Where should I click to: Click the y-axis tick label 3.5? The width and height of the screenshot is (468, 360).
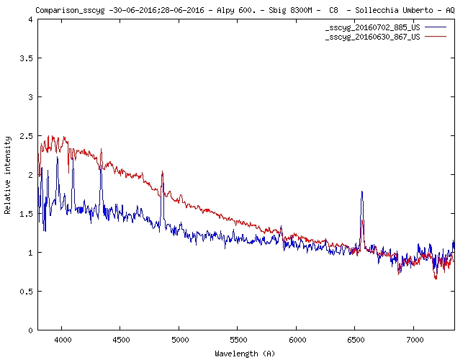(26, 58)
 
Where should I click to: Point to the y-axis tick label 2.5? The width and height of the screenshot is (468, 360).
(26, 136)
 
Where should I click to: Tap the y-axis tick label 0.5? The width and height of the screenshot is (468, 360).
(26, 292)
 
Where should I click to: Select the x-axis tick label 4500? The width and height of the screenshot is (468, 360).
(121, 338)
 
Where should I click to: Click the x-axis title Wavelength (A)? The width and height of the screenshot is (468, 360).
(245, 353)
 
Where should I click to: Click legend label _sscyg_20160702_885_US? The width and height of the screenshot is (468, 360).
(373, 27)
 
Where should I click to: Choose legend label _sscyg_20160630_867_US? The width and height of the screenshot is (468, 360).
(373, 35)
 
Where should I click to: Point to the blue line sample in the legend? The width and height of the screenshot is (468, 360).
(436, 27)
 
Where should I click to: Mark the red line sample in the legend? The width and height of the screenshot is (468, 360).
(436, 35)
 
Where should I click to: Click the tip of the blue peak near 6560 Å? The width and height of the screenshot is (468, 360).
(361, 192)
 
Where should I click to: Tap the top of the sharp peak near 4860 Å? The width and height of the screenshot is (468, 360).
(163, 172)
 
